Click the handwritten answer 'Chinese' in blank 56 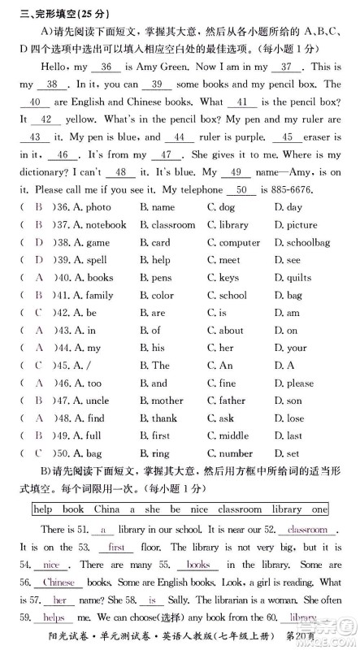pos(59,583)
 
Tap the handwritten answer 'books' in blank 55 pos(197,565)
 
